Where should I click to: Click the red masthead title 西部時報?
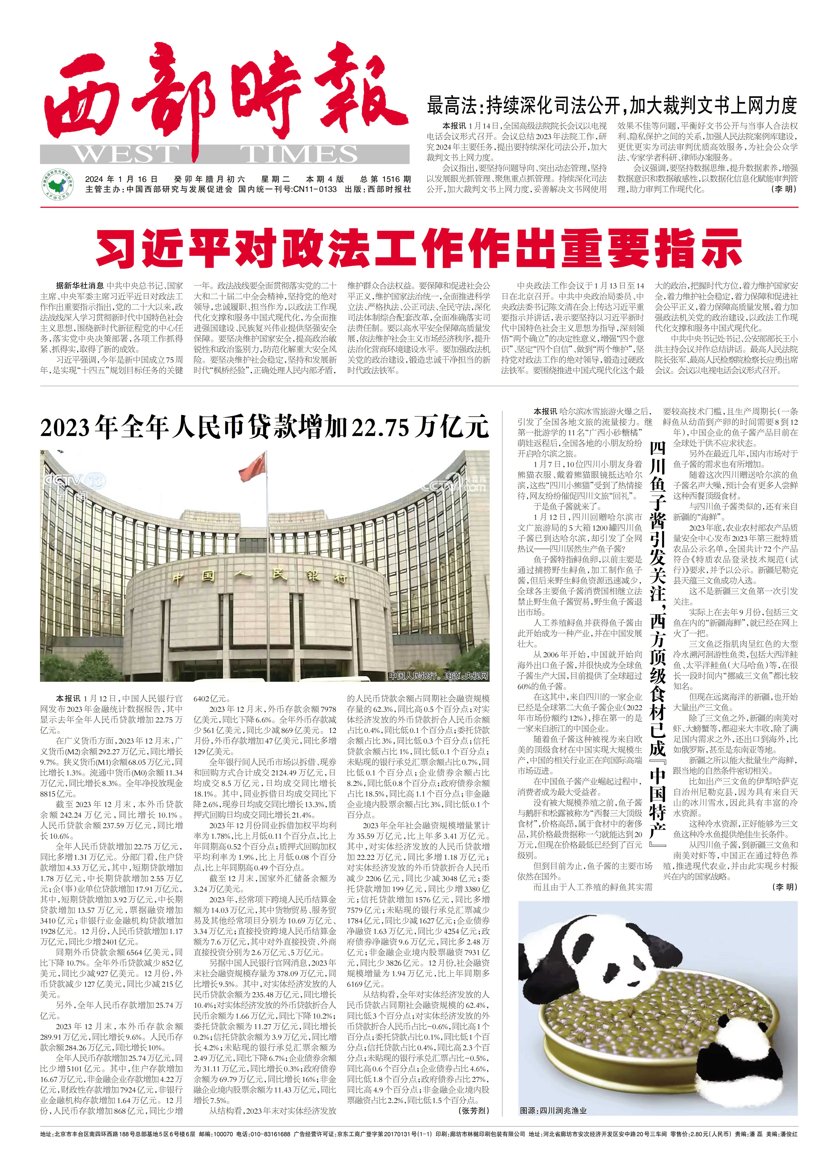tap(222, 93)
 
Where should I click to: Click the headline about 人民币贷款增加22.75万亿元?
tap(264, 427)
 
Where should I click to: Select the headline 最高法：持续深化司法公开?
tap(612, 106)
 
